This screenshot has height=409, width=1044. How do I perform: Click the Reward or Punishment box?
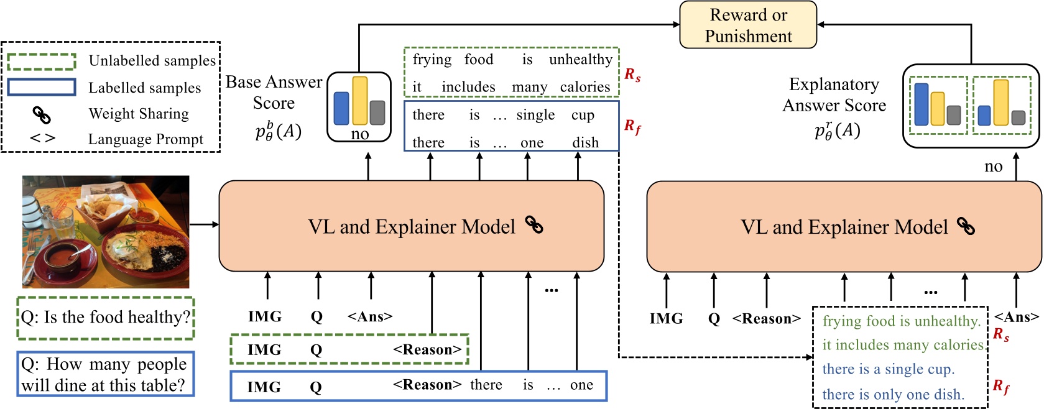[x=747, y=25]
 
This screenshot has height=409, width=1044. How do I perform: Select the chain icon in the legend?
[x=41, y=114]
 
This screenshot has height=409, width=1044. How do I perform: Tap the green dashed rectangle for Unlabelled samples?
[x=42, y=62]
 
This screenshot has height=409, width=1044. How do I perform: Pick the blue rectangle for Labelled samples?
[x=42, y=87]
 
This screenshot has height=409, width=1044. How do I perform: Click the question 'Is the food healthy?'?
[x=105, y=318]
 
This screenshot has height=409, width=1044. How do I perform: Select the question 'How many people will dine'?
[x=105, y=374]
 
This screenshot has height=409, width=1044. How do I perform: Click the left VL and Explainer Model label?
[x=411, y=227]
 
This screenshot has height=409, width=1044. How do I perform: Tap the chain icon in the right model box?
[x=966, y=226]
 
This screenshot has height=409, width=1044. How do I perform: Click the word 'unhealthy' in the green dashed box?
[x=580, y=60]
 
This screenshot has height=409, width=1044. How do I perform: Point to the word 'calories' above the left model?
[x=584, y=87]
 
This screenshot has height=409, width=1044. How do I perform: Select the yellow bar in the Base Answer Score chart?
[x=359, y=101]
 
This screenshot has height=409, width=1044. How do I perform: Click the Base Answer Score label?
[x=274, y=93]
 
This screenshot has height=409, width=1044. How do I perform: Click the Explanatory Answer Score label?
[x=834, y=95]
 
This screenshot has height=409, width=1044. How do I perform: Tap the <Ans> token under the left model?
[x=370, y=317]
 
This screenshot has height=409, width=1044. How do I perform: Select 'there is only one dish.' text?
[x=893, y=395]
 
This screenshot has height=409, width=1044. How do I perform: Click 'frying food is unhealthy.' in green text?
[x=901, y=321]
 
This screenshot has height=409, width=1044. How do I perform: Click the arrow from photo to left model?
[x=204, y=224]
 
